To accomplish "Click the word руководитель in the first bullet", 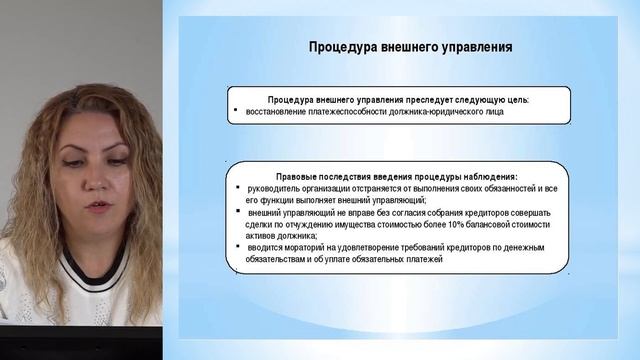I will click(276, 188).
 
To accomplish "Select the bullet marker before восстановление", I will click(234, 111).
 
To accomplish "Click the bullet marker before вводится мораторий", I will click(233, 246).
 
